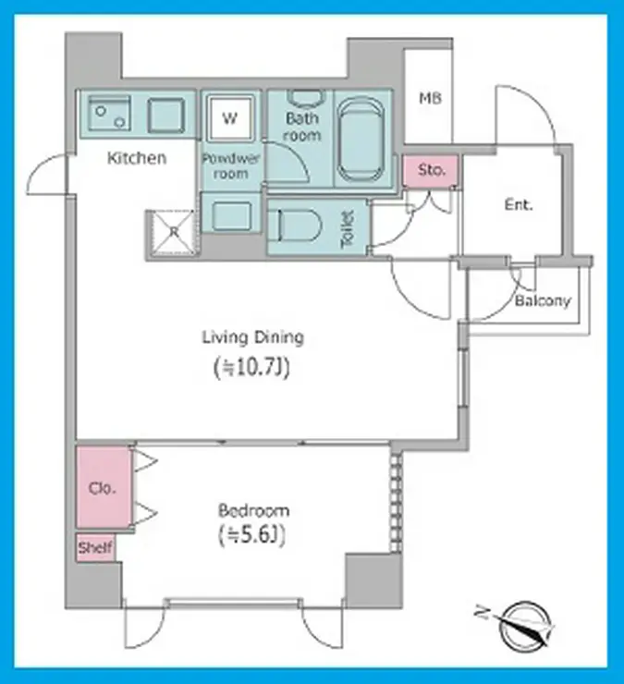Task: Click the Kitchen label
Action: (137, 158)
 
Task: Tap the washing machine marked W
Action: (230, 118)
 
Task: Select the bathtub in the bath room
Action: (361, 140)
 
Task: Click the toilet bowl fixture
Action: (294, 226)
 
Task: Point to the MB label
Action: (430, 98)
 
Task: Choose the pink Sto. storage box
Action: (431, 170)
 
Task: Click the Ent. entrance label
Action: (519, 204)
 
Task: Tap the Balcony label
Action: (543, 300)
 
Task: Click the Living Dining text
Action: (253, 338)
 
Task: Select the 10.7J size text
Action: (251, 368)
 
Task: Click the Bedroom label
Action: (253, 510)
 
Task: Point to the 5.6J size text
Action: (251, 535)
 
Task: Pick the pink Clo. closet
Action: (104, 487)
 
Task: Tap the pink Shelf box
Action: (95, 547)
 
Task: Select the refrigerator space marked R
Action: (173, 232)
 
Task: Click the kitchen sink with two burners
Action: (109, 114)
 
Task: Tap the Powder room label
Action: (231, 165)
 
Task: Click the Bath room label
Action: (302, 126)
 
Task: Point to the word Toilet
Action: (348, 228)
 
